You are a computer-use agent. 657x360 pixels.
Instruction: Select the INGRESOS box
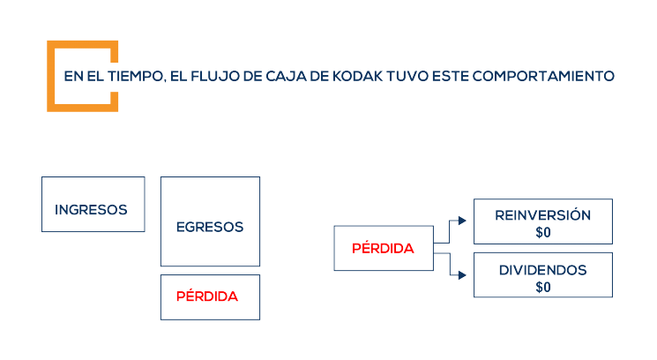93,204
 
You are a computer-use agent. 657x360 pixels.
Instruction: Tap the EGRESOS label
210,227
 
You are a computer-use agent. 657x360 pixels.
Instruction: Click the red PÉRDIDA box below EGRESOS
210,296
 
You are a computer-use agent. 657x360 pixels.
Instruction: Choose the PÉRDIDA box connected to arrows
383,248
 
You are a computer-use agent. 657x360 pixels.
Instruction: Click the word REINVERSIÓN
542,214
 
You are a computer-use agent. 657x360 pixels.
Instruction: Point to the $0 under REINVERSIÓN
542,232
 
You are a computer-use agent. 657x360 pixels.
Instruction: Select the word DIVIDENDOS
542,269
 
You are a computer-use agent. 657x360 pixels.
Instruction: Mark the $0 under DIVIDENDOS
542,287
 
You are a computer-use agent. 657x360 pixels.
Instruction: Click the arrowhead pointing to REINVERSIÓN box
464,221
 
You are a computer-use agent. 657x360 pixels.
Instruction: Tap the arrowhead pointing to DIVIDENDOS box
464,275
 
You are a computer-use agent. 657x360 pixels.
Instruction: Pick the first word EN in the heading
72,76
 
